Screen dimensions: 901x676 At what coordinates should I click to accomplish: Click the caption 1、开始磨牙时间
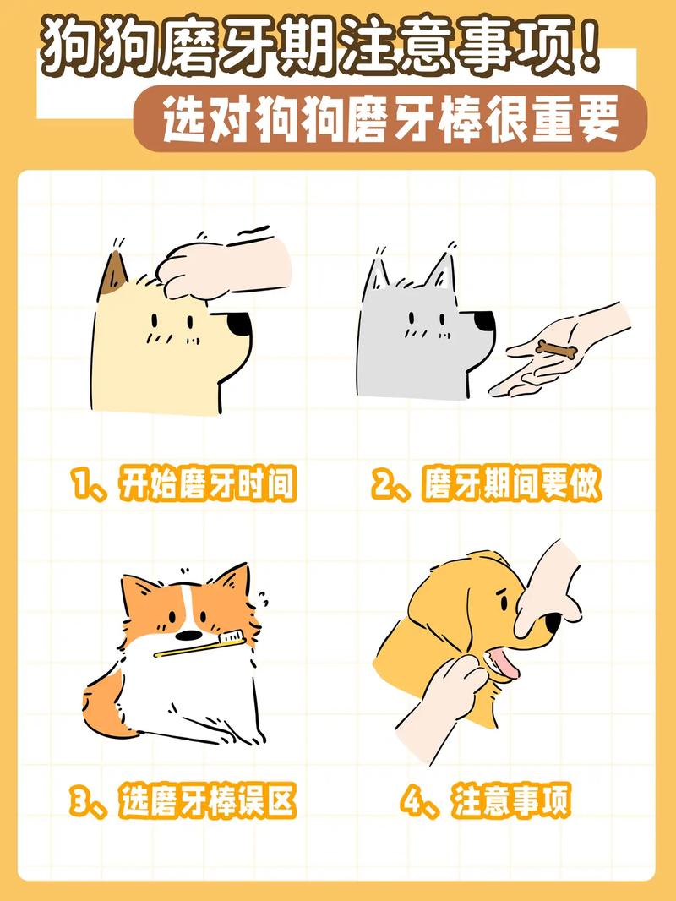[184, 485]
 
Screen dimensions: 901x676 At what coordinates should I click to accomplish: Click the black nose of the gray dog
[483, 322]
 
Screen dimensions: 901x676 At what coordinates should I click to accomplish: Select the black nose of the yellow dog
[240, 324]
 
